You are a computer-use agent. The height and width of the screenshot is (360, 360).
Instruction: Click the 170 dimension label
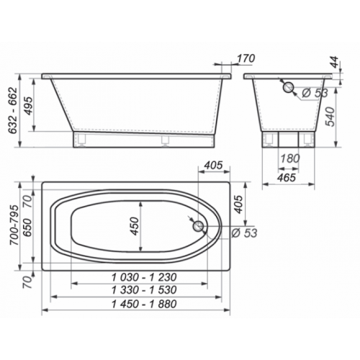click(x=246, y=58)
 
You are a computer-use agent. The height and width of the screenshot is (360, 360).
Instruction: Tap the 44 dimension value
click(x=334, y=62)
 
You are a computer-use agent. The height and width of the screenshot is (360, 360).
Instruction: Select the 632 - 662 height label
click(x=12, y=110)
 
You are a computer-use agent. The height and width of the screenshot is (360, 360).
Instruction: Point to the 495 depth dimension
click(x=28, y=106)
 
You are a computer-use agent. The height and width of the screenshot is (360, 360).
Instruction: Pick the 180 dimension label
click(x=290, y=158)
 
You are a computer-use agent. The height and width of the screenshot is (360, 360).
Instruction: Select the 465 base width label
click(x=287, y=178)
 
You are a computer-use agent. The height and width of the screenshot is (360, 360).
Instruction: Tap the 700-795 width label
click(x=14, y=225)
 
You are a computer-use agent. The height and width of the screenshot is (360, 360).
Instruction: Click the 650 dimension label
click(x=27, y=228)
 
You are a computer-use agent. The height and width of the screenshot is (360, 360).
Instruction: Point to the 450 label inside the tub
click(x=135, y=226)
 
